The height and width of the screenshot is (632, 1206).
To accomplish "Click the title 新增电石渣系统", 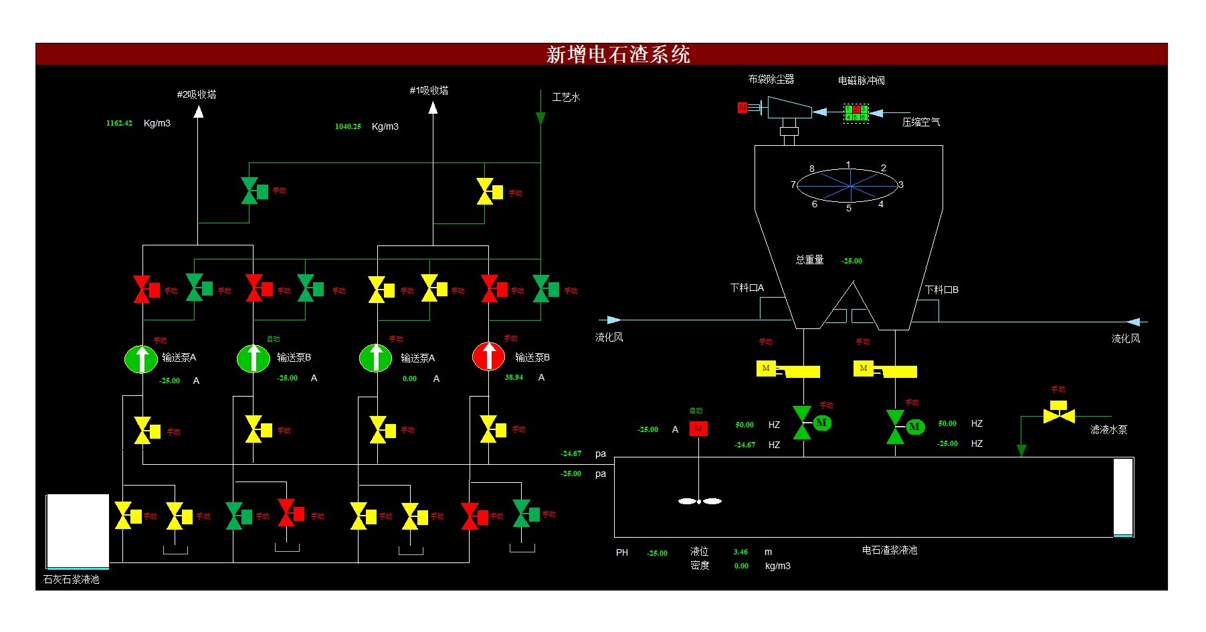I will (x=617, y=54).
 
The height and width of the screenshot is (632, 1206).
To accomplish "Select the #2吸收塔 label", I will (x=197, y=94).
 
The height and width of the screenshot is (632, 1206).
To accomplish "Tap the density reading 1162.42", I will (x=119, y=123).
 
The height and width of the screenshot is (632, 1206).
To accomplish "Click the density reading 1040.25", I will (x=348, y=126).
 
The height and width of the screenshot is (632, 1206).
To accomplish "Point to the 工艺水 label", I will (x=566, y=98).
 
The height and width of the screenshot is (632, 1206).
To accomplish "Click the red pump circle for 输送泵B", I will (x=488, y=356).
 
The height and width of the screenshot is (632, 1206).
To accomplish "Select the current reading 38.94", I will (x=514, y=378).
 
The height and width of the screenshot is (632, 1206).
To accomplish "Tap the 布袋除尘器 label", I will (x=771, y=79).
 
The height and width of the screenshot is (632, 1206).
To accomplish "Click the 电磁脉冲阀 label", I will (x=861, y=81).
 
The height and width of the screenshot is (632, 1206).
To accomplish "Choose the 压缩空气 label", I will (x=920, y=122).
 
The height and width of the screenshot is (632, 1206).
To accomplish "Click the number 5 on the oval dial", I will (x=849, y=209).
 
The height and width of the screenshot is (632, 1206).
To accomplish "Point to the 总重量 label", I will (x=809, y=260).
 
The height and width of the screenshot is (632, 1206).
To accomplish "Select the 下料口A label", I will (x=747, y=288).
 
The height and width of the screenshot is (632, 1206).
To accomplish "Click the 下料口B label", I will (x=942, y=290).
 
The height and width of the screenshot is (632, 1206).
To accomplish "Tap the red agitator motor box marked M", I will (x=698, y=429).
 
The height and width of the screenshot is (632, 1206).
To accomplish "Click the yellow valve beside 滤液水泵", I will (x=1059, y=413).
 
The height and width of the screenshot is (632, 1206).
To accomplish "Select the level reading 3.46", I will (x=740, y=552).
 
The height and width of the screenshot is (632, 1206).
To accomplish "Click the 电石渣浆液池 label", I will (x=889, y=550).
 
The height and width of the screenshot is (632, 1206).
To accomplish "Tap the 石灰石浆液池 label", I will (x=71, y=580).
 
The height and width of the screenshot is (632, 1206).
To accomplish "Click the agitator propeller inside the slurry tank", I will (x=700, y=501).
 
